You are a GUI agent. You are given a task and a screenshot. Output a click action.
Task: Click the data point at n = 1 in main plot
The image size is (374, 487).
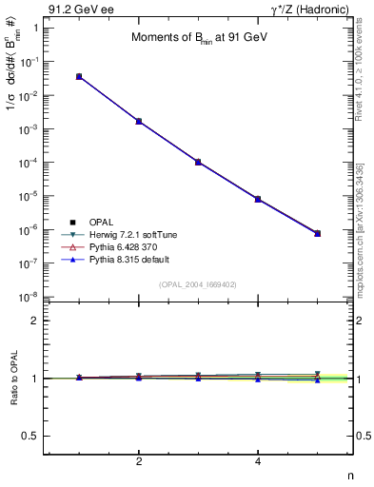[79, 76]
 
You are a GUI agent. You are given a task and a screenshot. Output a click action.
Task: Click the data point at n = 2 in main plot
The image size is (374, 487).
[139, 121]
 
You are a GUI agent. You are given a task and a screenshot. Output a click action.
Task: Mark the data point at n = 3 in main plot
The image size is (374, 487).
[198, 162]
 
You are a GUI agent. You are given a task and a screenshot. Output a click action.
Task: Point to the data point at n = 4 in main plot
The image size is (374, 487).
[258, 199]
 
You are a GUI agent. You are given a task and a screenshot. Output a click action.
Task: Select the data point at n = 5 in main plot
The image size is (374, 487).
[318, 233]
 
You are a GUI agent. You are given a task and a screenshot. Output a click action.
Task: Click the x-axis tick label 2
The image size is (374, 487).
[139, 462]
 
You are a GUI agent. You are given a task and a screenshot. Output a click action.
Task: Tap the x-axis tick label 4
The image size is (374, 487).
[258, 462]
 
